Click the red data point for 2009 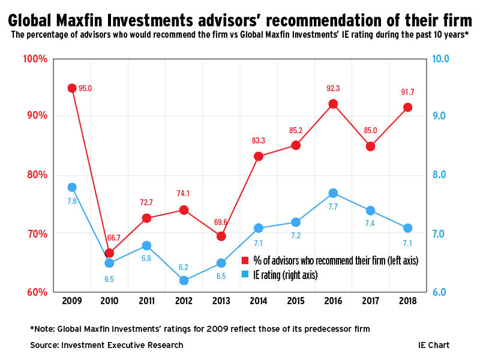coord(72,88)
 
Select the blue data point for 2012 coord(184,280)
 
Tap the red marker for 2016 coord(333,104)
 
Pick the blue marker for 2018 coord(407,228)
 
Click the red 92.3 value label coord(333,88)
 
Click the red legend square coord(245,260)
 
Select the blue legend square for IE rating coord(245,275)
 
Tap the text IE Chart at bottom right coord(434,345)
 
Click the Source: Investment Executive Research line coord(107,345)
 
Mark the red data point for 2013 coord(221,236)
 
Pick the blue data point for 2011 coord(146,245)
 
